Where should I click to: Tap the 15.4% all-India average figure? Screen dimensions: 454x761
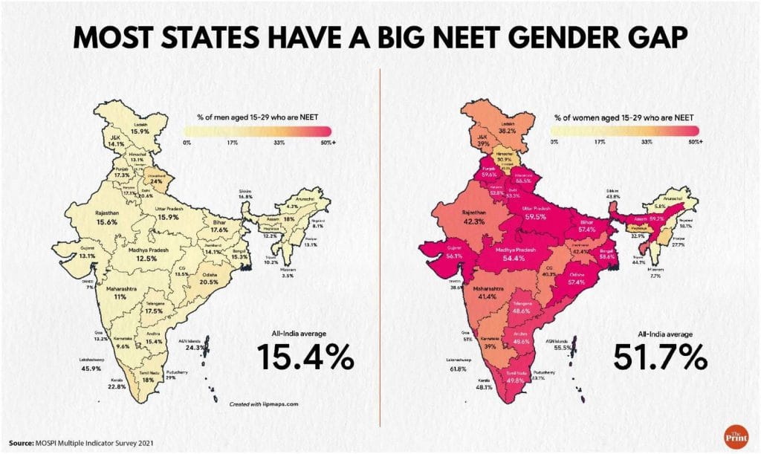tap(306, 357)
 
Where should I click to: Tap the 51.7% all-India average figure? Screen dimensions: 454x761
tap(660, 357)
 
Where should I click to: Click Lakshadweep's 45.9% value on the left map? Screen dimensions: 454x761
tap(90, 369)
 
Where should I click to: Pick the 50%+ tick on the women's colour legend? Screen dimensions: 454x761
tap(694, 141)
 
